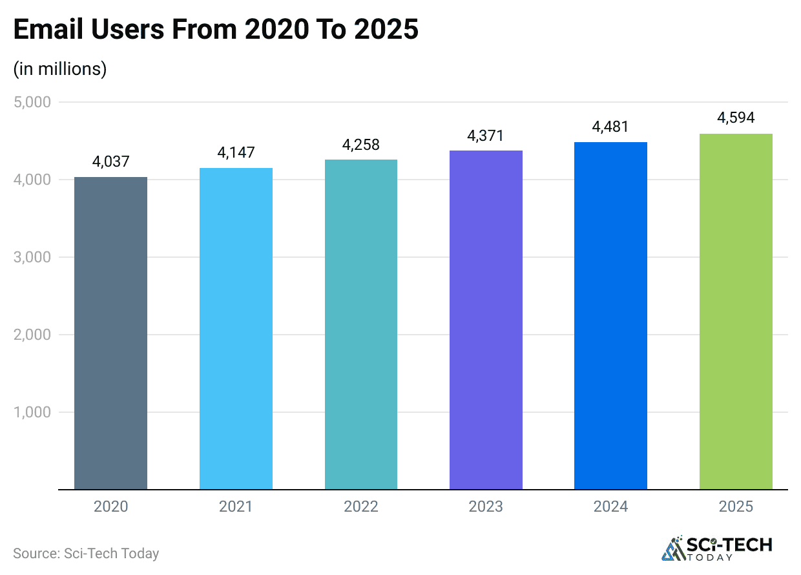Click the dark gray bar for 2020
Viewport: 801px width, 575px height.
point(110,333)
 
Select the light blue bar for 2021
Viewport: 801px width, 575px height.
point(236,328)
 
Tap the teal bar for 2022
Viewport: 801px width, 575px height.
point(361,324)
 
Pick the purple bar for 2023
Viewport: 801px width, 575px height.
point(486,320)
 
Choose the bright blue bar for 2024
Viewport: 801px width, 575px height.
point(611,316)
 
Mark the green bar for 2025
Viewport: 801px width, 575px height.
point(736,311)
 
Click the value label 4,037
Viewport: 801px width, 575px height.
point(110,162)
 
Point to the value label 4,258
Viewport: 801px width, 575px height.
point(361,145)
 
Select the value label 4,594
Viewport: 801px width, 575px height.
point(736,118)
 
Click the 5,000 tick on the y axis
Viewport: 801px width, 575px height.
point(32,102)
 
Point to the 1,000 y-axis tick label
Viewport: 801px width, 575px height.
point(32,412)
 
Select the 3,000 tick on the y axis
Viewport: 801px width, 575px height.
point(32,257)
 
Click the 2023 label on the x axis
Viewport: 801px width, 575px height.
point(486,507)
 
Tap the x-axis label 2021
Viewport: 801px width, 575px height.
point(236,507)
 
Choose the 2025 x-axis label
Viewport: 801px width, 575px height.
point(736,507)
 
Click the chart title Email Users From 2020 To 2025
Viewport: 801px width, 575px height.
point(216,30)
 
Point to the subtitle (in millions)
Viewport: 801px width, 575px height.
point(60,68)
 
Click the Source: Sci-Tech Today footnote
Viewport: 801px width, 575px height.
point(86,554)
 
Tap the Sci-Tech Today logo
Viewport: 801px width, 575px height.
point(717,548)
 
